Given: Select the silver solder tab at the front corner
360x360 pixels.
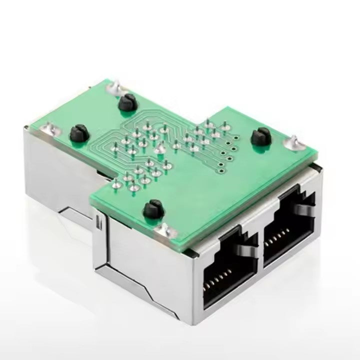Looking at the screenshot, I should (x=163, y=230).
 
